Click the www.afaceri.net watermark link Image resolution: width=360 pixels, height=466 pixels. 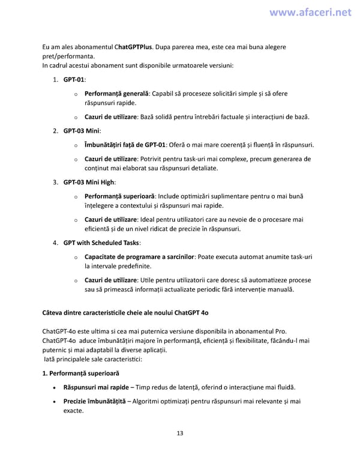point(310,12)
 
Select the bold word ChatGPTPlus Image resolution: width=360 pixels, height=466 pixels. point(133,46)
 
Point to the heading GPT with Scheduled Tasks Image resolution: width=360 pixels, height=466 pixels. point(101,243)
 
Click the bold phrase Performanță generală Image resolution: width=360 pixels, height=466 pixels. point(116,94)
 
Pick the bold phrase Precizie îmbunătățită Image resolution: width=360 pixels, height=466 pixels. point(94,401)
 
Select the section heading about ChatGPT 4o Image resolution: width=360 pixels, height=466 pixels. point(125,313)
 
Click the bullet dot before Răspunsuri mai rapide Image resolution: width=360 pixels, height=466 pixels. point(55,387)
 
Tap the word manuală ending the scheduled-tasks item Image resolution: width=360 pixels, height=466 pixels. point(278,289)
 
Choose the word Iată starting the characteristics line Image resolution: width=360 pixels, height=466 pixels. point(51,359)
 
